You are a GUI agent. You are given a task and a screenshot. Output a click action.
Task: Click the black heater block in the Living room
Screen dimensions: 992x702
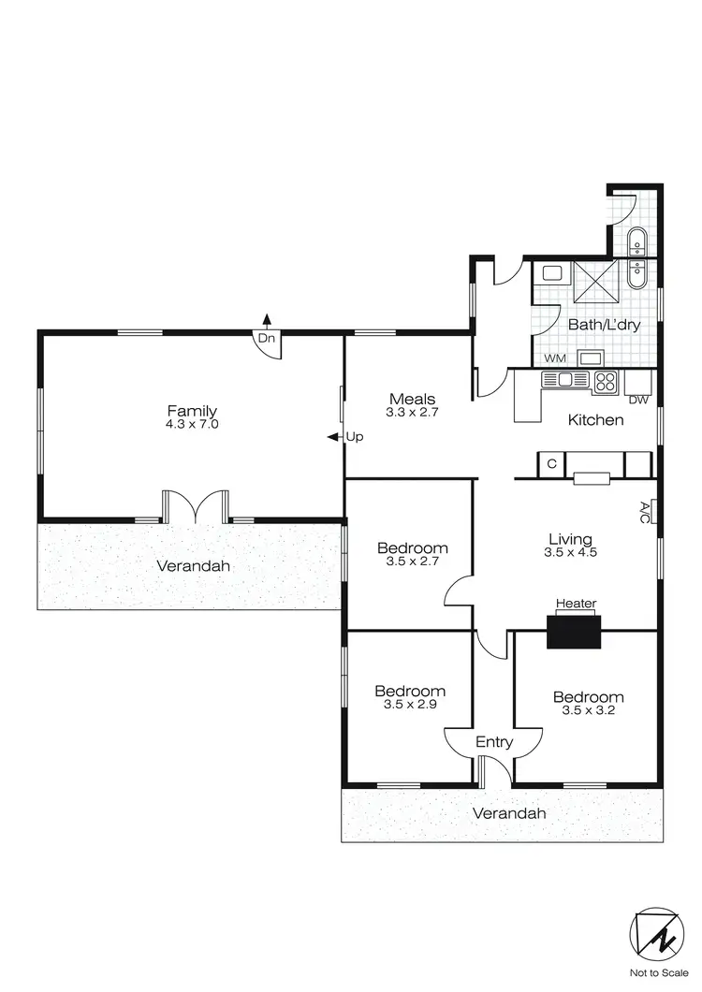pos(574,631)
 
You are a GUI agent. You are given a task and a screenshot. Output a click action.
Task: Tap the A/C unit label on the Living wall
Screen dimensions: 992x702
pos(645,511)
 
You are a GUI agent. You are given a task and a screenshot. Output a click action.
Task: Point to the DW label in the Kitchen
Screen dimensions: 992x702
pos(639,401)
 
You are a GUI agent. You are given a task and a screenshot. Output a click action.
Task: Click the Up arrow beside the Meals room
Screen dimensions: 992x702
pos(332,437)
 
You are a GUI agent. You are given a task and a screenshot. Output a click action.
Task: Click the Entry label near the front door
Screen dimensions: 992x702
pos(494,742)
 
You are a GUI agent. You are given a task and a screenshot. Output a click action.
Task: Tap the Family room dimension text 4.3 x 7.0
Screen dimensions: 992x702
pos(192,424)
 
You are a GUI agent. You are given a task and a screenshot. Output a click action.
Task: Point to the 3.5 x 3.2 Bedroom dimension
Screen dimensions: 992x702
pos(588,711)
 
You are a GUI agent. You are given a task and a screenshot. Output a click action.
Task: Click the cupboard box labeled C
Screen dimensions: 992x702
pos(552,463)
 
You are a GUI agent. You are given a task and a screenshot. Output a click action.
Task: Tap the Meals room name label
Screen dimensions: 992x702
pos(413,399)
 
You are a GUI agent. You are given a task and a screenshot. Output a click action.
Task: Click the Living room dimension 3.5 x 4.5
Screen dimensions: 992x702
pos(570,552)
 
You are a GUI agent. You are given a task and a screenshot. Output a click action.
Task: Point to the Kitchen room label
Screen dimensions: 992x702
pos(596,419)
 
